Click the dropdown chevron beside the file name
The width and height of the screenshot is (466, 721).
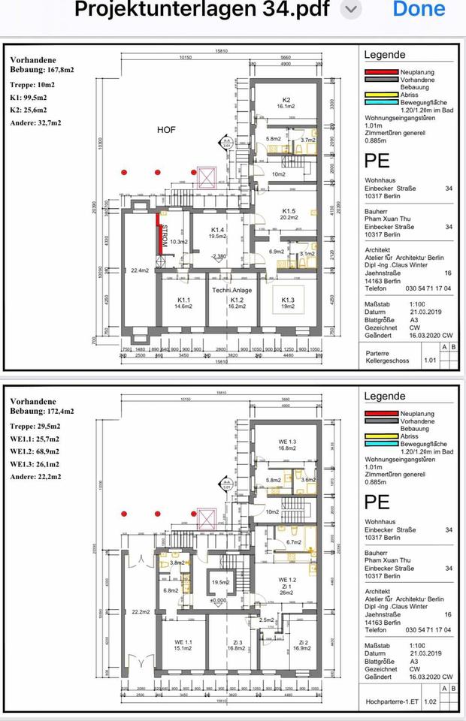(351, 10)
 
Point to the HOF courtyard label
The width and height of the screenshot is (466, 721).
(166, 130)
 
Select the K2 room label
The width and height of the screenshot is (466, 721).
(286, 101)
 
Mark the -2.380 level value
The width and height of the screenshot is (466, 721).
(219, 257)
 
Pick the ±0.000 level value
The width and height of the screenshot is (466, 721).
(219, 600)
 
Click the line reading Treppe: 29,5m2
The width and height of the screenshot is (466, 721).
(37, 436)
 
